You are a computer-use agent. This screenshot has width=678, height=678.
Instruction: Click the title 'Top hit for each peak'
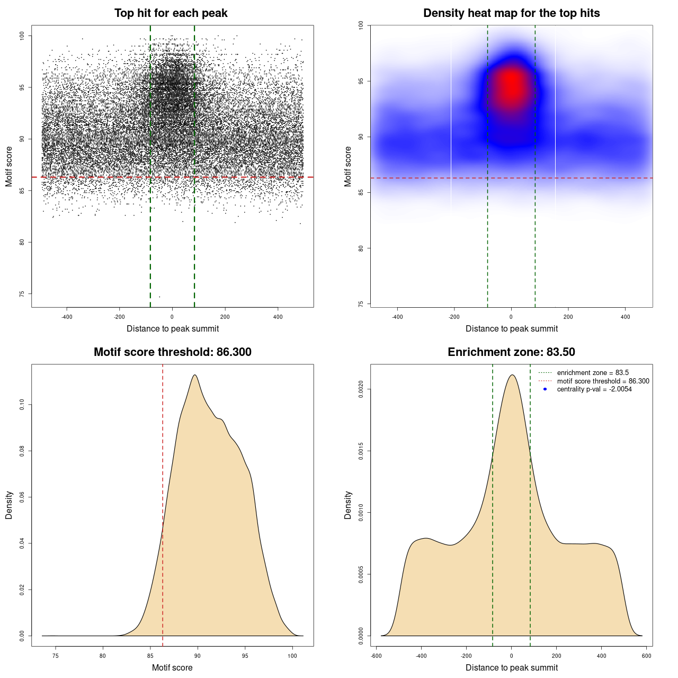pos(171,13)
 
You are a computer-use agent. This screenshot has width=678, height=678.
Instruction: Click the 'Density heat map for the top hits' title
pos(511,13)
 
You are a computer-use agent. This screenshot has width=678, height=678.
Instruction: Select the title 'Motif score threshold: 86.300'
pos(172,352)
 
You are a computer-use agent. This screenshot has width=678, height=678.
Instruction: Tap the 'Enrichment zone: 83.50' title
pos(511,352)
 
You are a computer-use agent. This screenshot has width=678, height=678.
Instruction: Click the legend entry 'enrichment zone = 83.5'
pos(592,373)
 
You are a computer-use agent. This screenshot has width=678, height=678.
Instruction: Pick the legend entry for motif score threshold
pos(603,381)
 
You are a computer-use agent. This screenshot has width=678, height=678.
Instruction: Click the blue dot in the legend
pos(545,389)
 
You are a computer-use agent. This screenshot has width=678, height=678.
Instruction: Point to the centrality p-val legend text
pos(594,389)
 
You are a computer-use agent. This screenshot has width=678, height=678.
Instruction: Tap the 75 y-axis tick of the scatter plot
pos(22,294)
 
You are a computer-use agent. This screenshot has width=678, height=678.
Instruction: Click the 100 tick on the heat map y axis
pos(361,25)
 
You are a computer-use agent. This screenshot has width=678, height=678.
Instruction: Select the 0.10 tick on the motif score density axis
pos(22,405)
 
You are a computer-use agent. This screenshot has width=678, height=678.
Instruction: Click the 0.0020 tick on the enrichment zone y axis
pos(361,389)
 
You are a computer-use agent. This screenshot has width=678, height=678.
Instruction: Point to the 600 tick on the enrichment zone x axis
pos(646,656)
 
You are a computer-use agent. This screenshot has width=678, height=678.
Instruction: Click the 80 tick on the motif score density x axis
pos(103,656)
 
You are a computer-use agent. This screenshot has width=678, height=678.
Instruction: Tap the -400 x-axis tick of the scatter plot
pos(67,317)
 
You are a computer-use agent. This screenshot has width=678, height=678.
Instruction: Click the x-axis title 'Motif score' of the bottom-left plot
pos(172,667)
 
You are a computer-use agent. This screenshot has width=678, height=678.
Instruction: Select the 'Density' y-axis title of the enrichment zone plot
pos(348,505)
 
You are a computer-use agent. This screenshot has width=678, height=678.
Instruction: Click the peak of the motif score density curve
pos(195,375)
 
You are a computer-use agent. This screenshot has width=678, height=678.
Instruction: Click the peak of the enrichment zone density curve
pos(512,375)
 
